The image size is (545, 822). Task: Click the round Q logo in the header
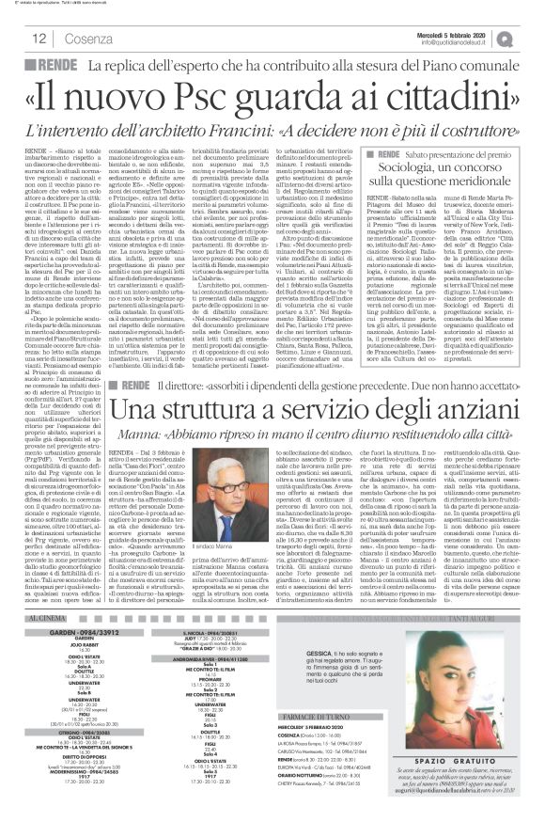[x=533, y=38]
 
